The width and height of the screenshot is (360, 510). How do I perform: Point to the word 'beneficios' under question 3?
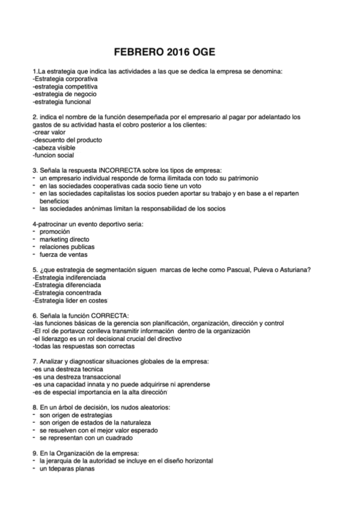[x=55, y=201]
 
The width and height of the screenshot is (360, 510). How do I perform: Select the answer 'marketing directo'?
[x=64, y=239]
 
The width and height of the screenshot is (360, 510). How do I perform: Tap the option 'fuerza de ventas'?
[x=63, y=254]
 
